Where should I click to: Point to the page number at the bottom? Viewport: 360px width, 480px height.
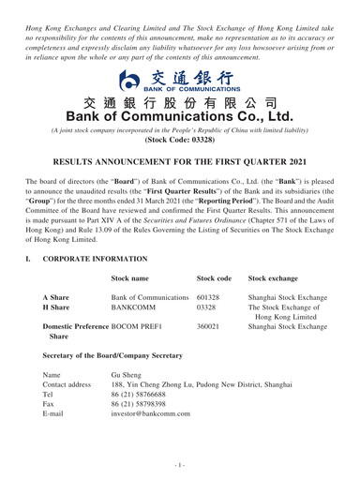(x=180, y=469)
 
